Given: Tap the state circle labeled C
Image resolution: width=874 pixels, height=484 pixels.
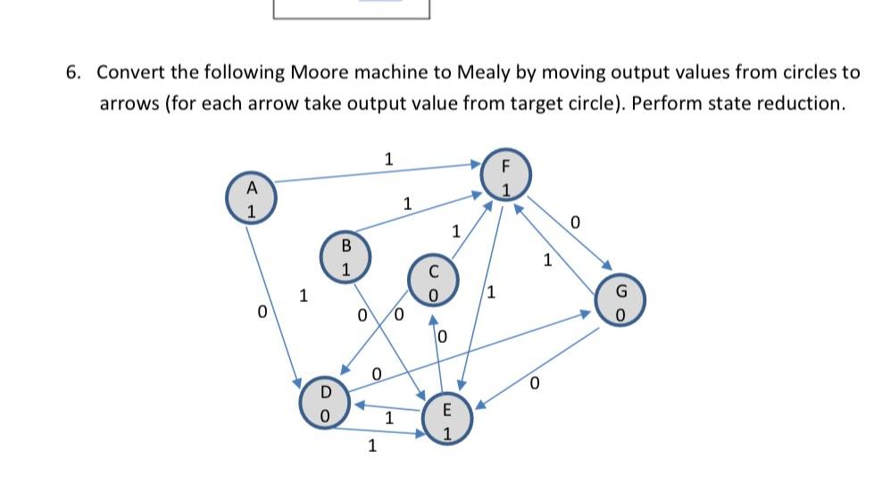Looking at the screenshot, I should click(433, 281).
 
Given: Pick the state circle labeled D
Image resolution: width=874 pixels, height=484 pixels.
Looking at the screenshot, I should click(326, 404).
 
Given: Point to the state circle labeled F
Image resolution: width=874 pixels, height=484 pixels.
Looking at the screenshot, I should click(504, 177).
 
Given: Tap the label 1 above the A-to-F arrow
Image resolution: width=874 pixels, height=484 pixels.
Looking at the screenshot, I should click(387, 160).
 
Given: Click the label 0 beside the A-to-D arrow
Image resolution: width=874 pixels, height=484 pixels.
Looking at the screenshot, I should click(262, 313).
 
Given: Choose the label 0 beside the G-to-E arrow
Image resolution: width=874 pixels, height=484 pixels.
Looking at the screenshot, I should click(534, 385).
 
